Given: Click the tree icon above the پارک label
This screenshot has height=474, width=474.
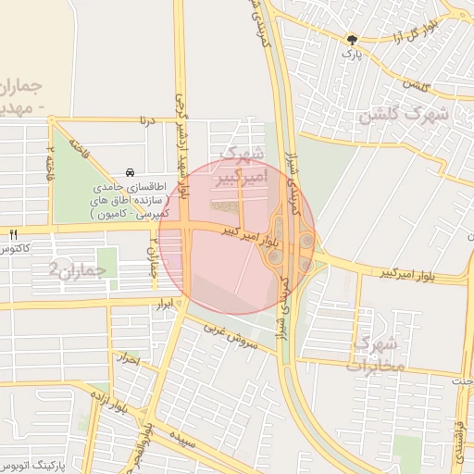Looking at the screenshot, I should pyautogui.click(x=352, y=39).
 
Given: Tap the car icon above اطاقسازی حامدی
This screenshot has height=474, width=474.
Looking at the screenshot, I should pyautogui.click(x=130, y=172).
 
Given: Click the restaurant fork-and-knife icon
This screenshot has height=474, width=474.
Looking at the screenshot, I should pyautogui.click(x=12, y=234).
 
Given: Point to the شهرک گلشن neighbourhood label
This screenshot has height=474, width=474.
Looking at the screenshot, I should pyautogui.click(x=404, y=116).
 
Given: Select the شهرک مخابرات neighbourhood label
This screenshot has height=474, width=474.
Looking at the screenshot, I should pyautogui.click(x=377, y=354).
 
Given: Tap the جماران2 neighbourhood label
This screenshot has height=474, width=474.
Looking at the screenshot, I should pyautogui.click(x=78, y=269).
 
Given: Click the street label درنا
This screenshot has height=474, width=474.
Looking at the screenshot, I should pyautogui.click(x=145, y=119).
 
